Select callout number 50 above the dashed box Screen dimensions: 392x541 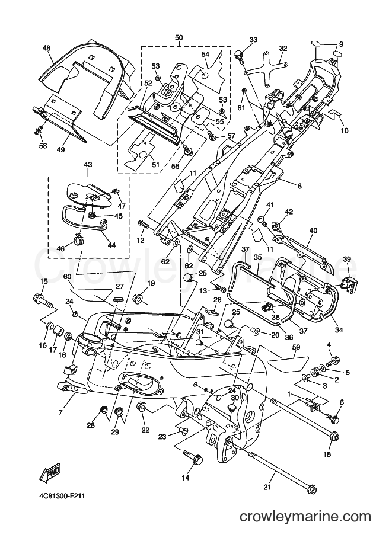[x=179, y=37]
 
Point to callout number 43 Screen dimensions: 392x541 [x=88, y=165]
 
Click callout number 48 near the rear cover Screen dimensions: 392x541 [x=47, y=49]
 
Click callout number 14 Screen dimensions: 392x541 [x=186, y=478]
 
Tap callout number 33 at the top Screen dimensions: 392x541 [x=253, y=40]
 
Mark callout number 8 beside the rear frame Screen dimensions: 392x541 [x=299, y=186]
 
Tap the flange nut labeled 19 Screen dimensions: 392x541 [x=137, y=297]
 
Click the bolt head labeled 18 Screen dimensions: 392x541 [x=334, y=436]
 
